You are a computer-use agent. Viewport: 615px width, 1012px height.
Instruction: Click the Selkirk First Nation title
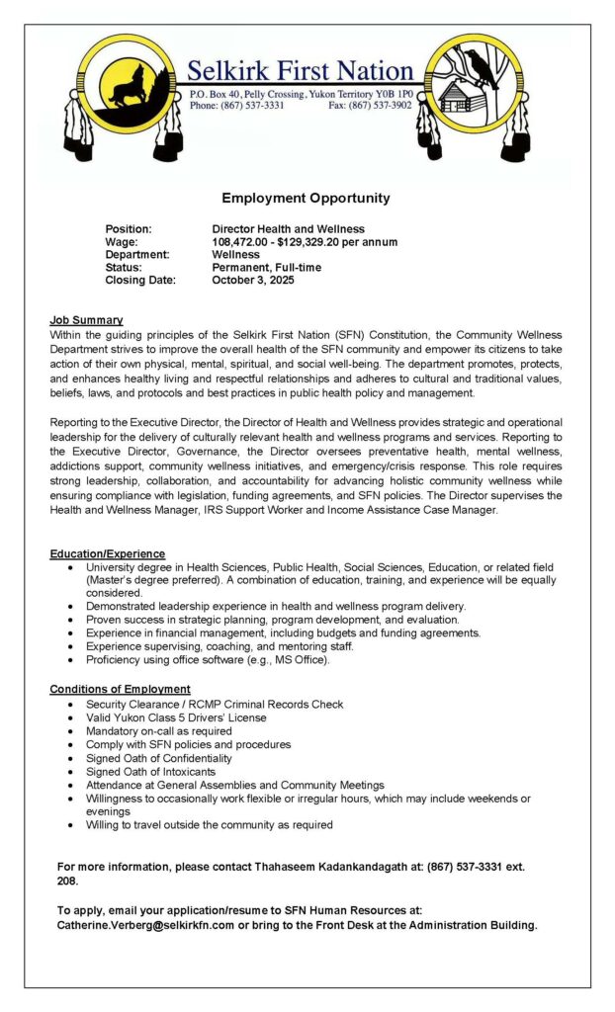pyautogui.click(x=301, y=71)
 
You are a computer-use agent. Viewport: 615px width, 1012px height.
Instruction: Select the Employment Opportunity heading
pyautogui.click(x=306, y=198)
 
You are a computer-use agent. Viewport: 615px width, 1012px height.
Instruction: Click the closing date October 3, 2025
pyautogui.click(x=253, y=280)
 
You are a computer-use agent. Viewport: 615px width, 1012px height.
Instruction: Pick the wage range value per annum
pyautogui.click(x=305, y=241)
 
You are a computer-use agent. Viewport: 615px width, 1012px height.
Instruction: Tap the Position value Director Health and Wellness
pyautogui.click(x=288, y=228)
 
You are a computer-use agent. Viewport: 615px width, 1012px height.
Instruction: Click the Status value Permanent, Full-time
pyautogui.click(x=266, y=267)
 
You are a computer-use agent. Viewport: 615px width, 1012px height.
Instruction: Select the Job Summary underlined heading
pyautogui.click(x=86, y=320)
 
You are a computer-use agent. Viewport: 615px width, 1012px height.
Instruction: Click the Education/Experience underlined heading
pyautogui.click(x=107, y=553)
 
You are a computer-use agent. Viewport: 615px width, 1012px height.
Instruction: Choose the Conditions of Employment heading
pyautogui.click(x=120, y=689)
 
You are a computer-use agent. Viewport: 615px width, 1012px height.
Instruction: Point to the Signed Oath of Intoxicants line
pyautogui.click(x=150, y=771)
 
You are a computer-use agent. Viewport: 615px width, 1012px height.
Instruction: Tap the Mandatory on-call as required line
pyautogui.click(x=158, y=731)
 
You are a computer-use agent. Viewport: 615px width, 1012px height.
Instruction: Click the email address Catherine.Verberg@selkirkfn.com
pyautogui.click(x=145, y=925)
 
